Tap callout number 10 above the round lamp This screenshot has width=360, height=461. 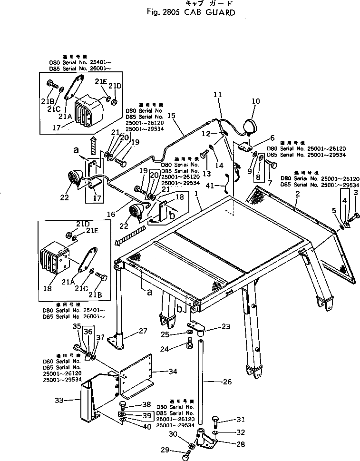click(x=256, y=101)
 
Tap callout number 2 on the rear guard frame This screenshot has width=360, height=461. click(x=297, y=194)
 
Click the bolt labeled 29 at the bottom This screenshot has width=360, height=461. click(x=186, y=457)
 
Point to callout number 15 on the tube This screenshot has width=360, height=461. click(x=172, y=115)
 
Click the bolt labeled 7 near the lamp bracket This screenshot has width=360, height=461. click(x=272, y=165)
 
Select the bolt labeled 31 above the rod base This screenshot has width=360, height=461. click(x=215, y=419)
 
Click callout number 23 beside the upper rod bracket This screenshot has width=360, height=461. click(x=225, y=326)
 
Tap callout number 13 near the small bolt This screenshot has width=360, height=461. click(x=206, y=173)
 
